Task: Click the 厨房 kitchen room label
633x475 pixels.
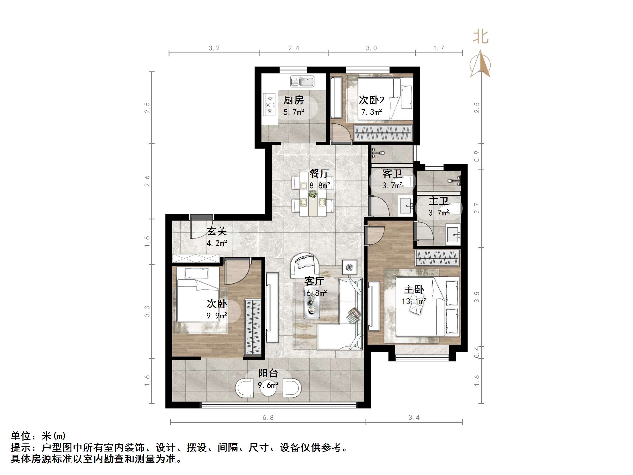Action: (x=293, y=100)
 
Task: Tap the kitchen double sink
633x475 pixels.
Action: (x=302, y=81)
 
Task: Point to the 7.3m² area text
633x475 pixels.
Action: (x=372, y=112)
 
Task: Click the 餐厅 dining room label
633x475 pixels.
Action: (x=319, y=174)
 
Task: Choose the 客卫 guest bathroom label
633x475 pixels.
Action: (x=392, y=174)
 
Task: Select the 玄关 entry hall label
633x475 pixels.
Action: (x=217, y=231)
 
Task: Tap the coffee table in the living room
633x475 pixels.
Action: (x=312, y=306)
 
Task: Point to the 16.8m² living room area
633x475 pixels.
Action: (x=314, y=293)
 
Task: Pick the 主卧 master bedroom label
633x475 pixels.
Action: (x=414, y=290)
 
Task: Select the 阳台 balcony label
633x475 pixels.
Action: (x=268, y=373)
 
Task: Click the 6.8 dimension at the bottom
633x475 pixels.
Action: (x=268, y=418)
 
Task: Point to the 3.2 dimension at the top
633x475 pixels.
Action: (x=214, y=48)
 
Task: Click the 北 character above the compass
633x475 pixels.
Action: (x=480, y=37)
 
